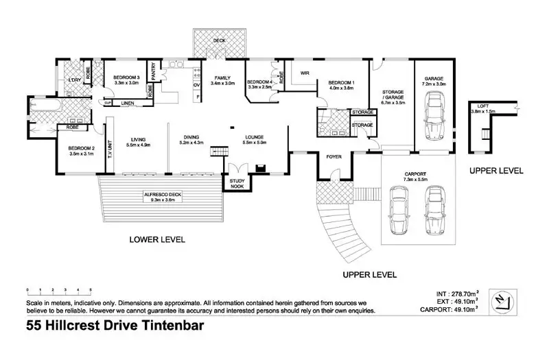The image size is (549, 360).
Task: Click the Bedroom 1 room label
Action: pos(331,84)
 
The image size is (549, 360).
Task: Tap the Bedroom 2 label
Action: pos(80,149)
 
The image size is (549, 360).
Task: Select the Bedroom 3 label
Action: pos(126,77)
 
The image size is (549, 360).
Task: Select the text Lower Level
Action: pos(158,240)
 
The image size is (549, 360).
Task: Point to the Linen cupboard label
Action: pos(128,103)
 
